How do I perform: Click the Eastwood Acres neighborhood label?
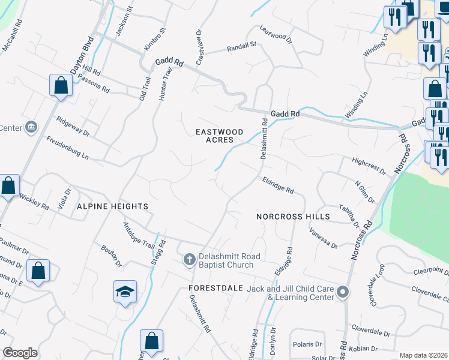tap(218, 136)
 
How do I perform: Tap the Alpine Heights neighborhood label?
tap(112, 206)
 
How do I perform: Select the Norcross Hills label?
tap(293, 216)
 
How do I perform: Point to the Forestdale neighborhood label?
tap(215, 288)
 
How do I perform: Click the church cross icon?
tap(189, 260)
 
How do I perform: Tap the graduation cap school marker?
tap(125, 292)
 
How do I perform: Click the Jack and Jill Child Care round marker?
tap(343, 292)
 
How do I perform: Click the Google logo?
tap(20, 352)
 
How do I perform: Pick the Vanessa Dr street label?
tap(323, 238)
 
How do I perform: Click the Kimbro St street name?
tap(154, 38)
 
